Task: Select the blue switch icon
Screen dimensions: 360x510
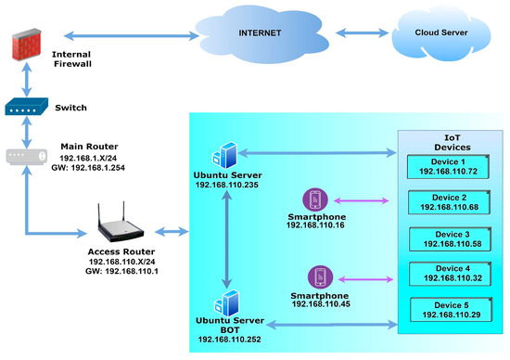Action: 24,109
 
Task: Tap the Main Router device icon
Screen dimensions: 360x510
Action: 24,156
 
